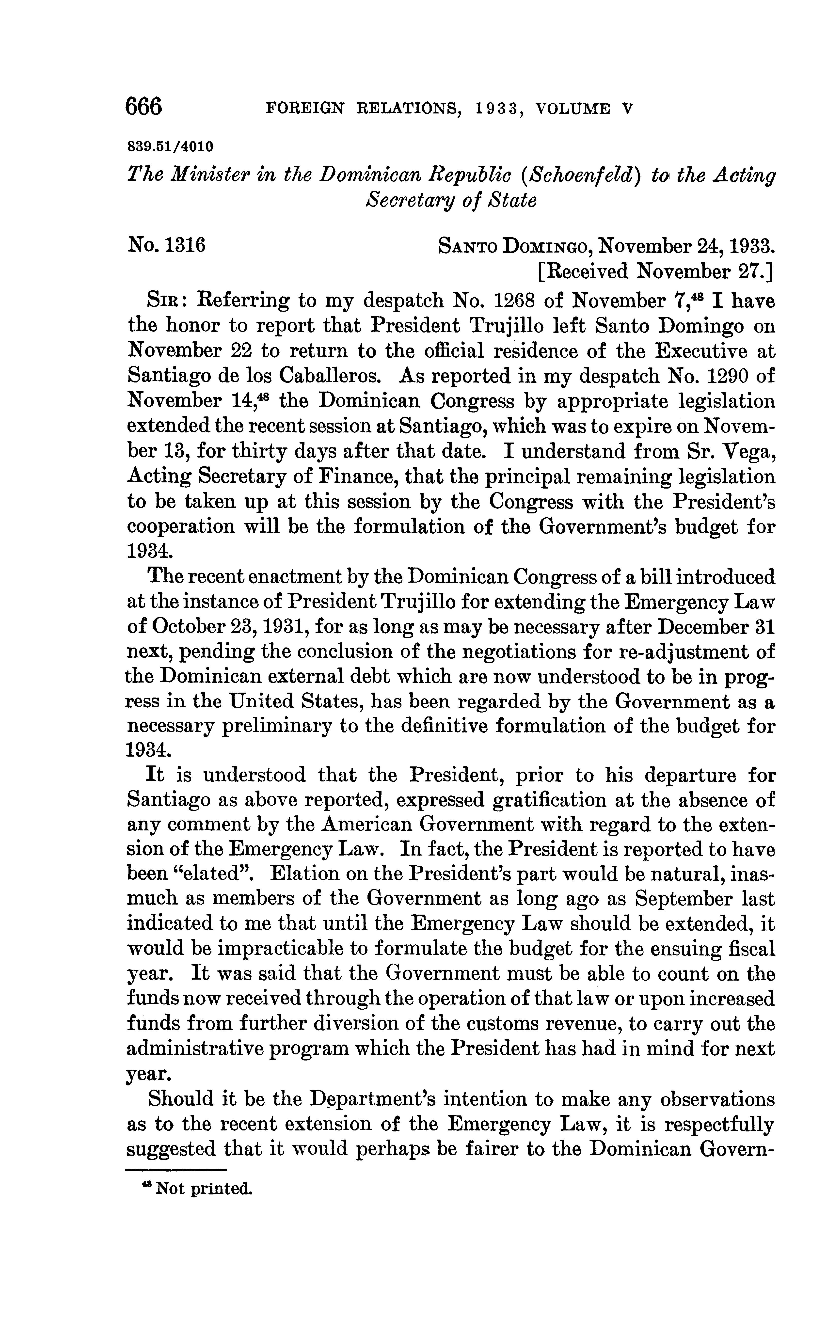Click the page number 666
click(144, 107)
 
